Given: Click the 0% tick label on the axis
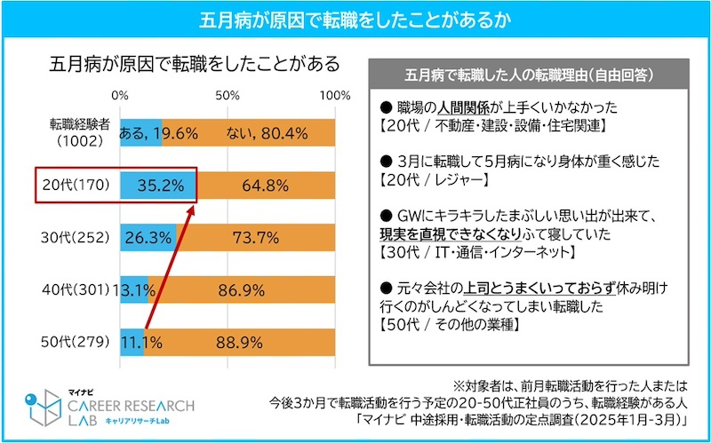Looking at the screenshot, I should coord(120,93).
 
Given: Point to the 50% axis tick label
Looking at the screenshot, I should coord(228,93).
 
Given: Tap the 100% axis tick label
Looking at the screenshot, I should coord(335,93).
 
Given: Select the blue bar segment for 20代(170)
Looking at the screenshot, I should coord(157,186).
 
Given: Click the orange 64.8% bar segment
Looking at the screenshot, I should coord(267,186).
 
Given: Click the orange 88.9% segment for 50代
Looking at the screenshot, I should coord(241,339).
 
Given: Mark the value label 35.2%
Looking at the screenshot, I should coord(161,186).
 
